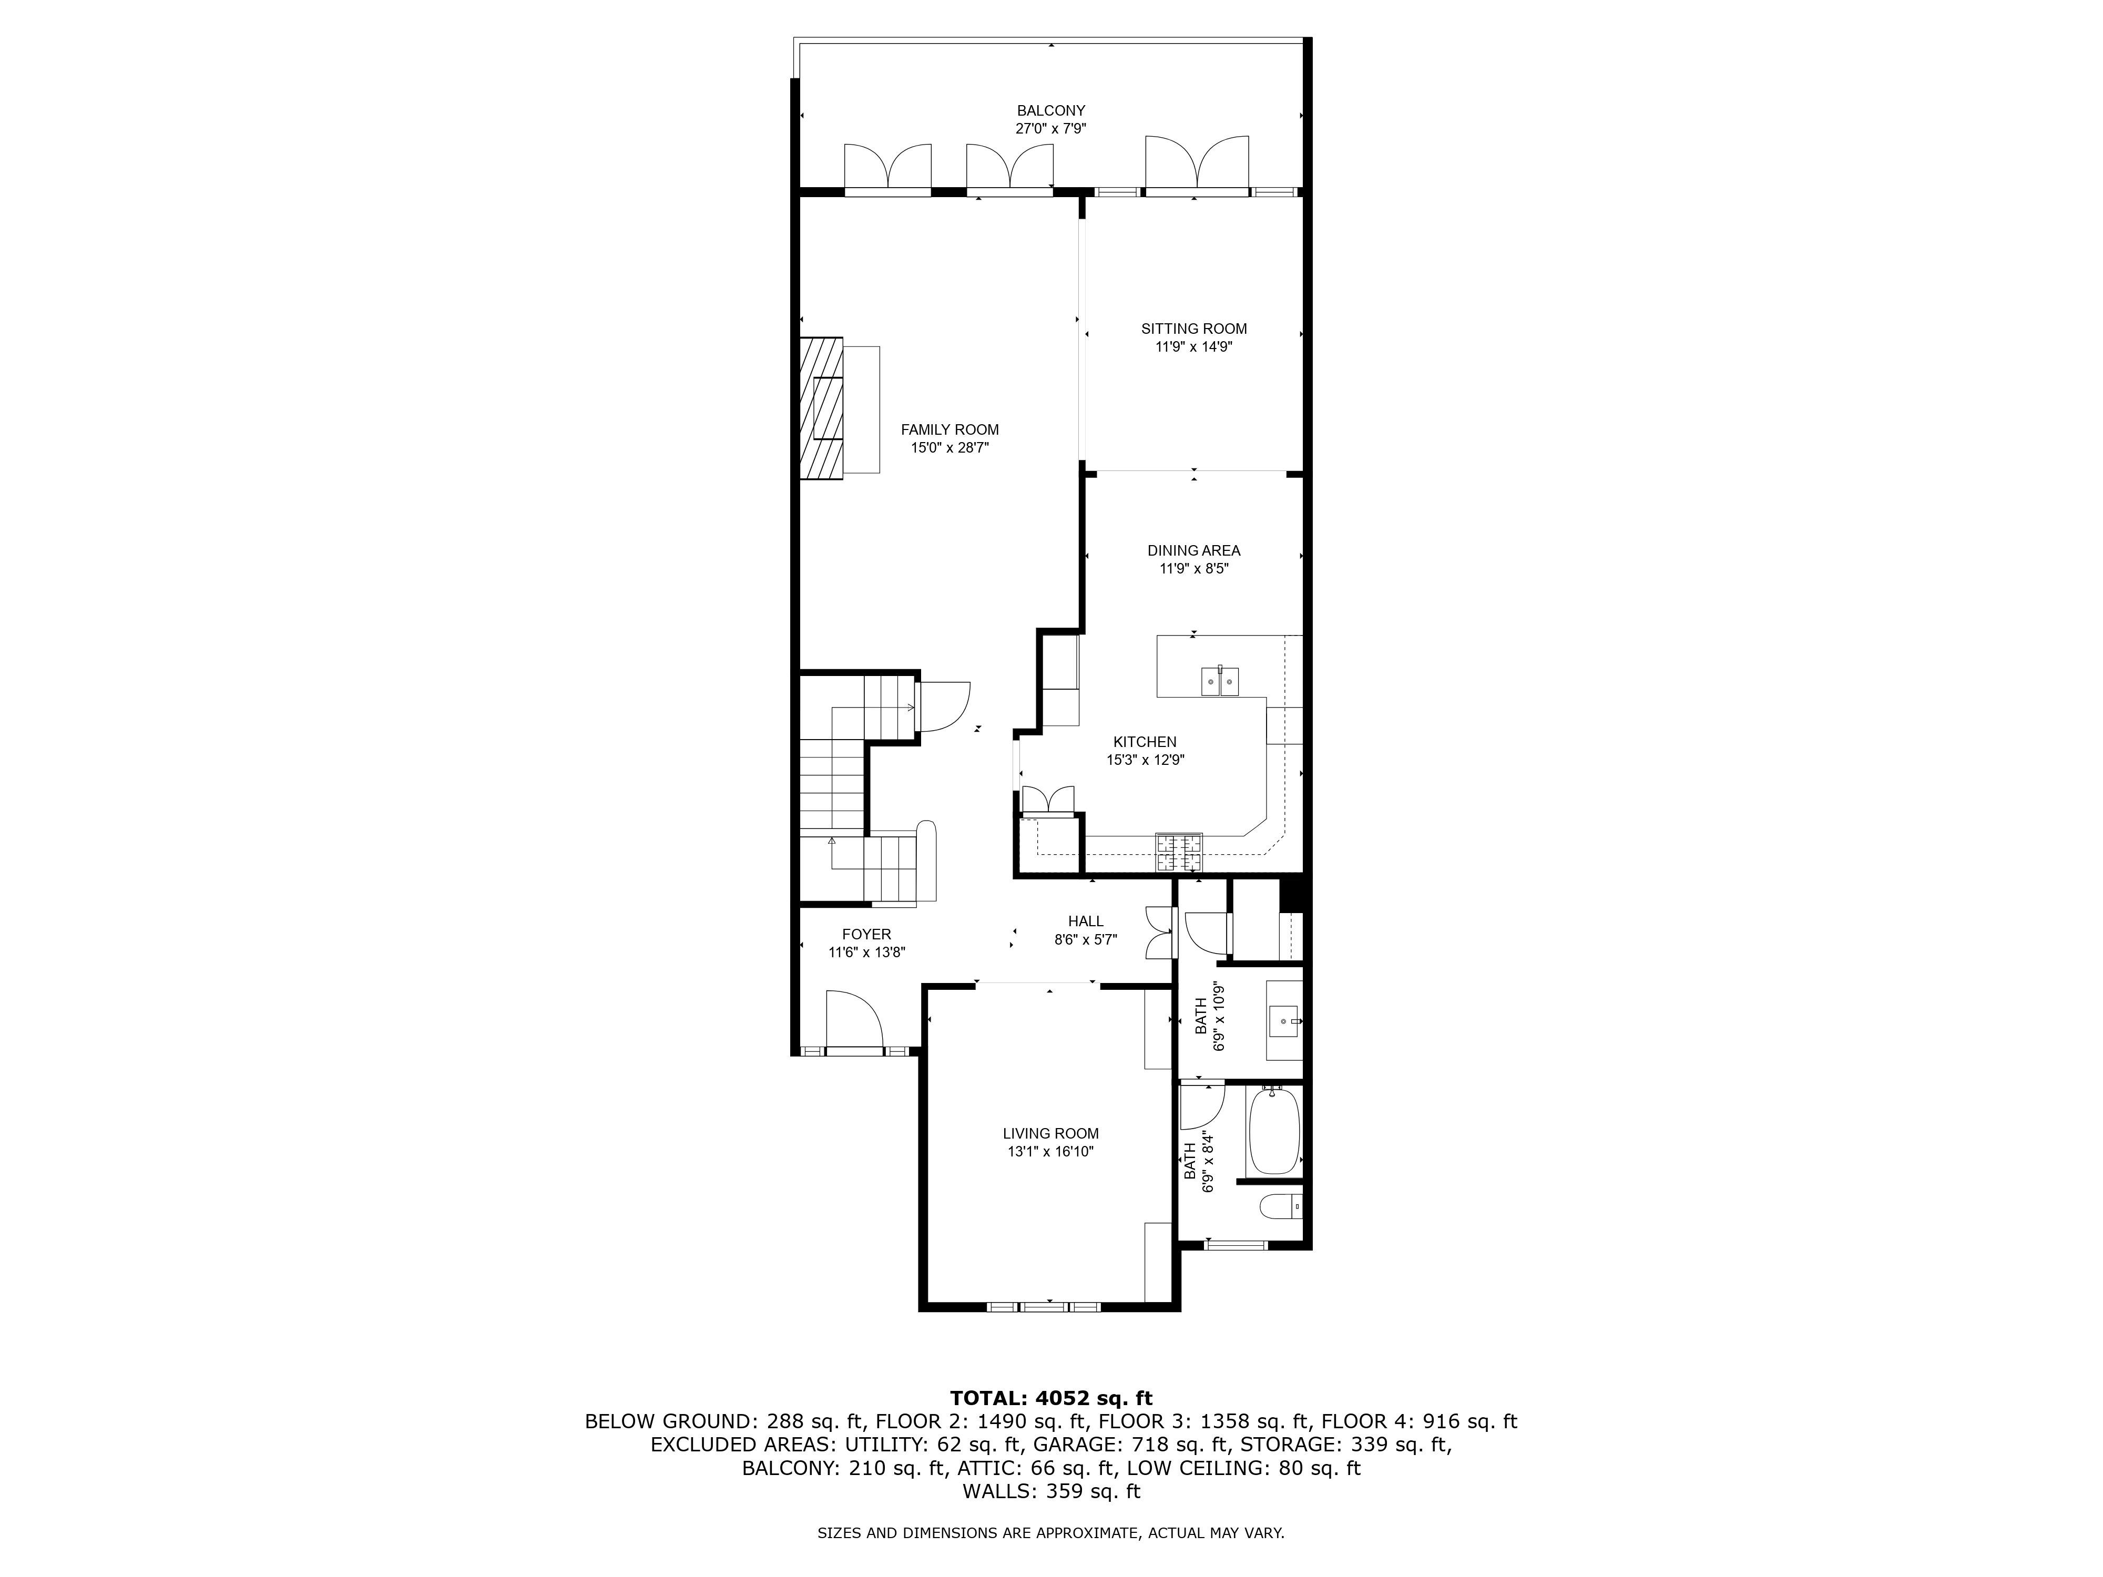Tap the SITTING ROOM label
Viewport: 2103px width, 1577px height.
1194,329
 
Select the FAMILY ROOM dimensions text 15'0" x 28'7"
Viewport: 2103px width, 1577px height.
950,448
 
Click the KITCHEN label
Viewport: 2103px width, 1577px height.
1145,741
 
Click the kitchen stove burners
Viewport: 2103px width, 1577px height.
1179,853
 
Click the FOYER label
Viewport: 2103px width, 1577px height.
866,935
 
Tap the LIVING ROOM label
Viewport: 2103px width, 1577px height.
1050,1133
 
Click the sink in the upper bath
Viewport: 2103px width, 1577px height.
1283,1021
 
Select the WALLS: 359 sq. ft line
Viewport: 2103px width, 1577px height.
1050,1491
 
